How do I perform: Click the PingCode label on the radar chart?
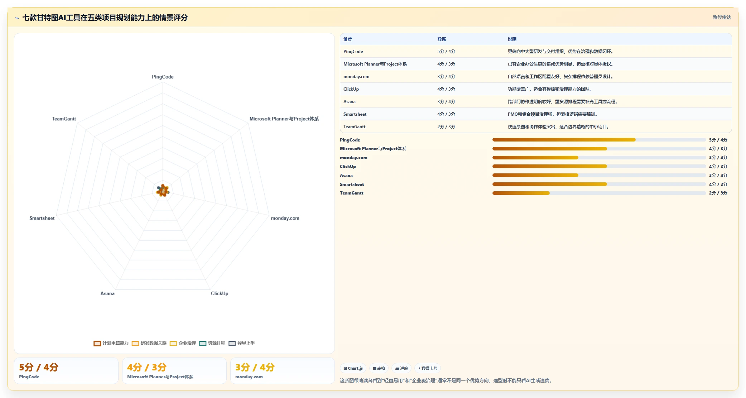[x=163, y=77]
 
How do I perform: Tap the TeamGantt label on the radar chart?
[x=64, y=119]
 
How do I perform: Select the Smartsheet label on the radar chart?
[x=42, y=218]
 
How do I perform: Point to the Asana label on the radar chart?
[x=107, y=293]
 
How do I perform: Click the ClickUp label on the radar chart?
[x=220, y=293]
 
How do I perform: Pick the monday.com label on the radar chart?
[x=285, y=218]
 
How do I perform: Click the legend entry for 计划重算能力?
[x=111, y=343]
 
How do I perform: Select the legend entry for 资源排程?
[x=212, y=343]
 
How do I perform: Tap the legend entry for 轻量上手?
[x=242, y=343]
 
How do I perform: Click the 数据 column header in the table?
[x=442, y=39]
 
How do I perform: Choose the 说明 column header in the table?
[x=512, y=39]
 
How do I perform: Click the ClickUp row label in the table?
[x=351, y=89]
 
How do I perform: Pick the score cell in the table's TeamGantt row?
[x=446, y=127]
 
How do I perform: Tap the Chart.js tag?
[x=353, y=368]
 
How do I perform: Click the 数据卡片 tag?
[x=428, y=368]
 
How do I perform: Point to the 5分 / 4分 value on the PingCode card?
[x=39, y=367]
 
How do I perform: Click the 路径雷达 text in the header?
[x=722, y=17]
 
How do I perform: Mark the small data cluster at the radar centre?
[x=163, y=191]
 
